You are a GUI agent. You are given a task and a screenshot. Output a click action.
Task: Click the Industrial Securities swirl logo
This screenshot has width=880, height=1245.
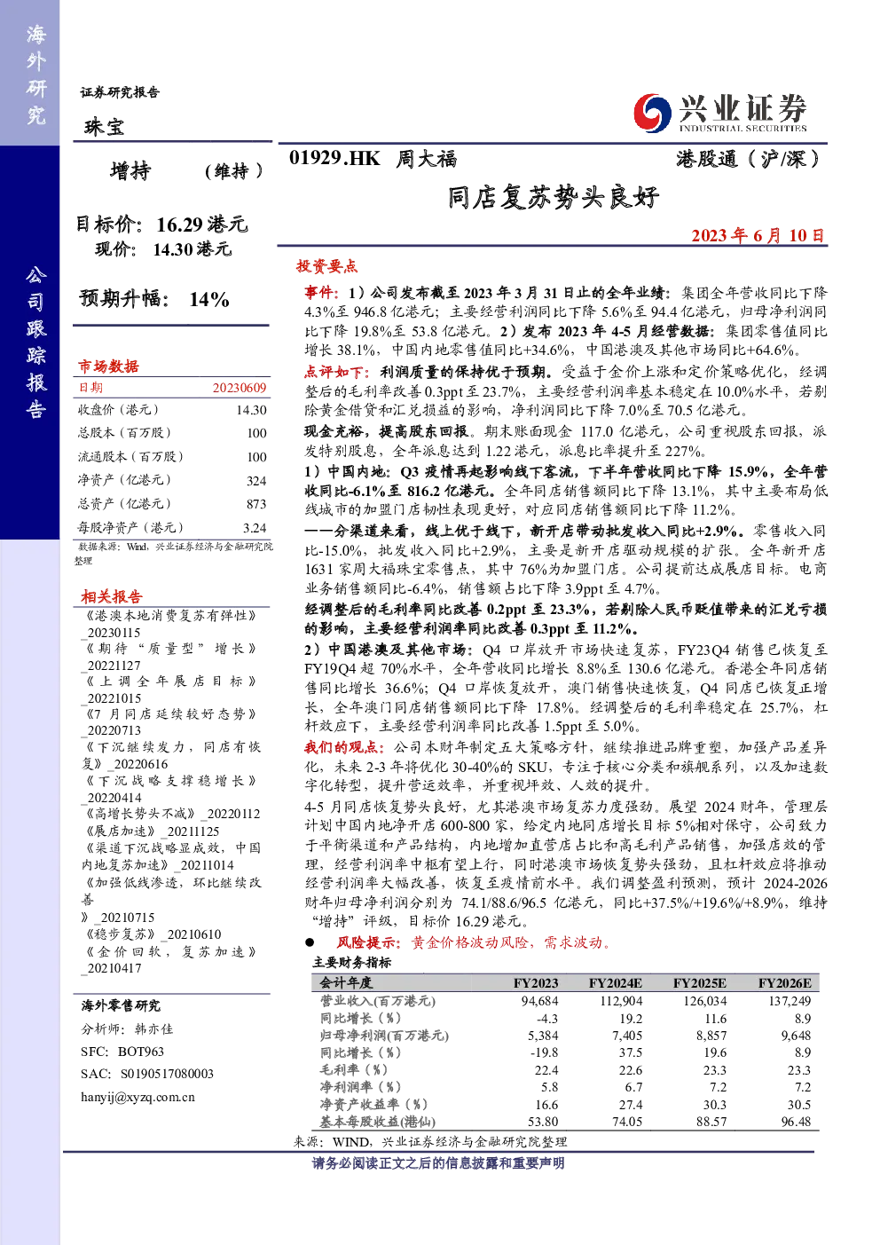[652, 114]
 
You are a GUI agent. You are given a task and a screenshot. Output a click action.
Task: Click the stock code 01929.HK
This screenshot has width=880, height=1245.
[334, 159]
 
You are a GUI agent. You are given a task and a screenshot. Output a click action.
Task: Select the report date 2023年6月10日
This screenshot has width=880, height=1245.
[758, 236]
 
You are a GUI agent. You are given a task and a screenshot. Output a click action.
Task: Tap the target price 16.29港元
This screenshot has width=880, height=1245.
[202, 225]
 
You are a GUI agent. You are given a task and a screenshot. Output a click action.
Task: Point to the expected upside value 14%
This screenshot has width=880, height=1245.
[209, 300]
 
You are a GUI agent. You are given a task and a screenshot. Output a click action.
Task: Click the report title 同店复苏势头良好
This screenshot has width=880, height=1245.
[554, 197]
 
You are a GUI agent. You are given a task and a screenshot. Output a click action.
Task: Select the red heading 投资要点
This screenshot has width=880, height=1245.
[326, 266]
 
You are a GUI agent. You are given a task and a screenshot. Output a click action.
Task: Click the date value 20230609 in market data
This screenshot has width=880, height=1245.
[240, 388]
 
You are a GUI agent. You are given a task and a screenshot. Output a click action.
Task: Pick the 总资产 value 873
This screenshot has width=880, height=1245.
[256, 504]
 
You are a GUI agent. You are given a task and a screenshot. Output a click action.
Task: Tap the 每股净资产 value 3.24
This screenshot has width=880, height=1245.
[255, 528]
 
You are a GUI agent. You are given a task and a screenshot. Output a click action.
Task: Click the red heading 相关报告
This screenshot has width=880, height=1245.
[112, 597]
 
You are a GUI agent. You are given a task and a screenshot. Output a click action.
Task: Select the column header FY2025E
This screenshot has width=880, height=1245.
[699, 983]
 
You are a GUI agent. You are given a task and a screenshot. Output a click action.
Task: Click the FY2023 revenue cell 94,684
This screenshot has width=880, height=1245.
[539, 1001]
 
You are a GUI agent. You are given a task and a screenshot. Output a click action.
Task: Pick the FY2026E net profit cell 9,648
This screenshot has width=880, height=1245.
[796, 1036]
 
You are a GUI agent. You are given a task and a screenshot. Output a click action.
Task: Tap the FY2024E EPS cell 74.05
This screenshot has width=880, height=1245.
[627, 1122]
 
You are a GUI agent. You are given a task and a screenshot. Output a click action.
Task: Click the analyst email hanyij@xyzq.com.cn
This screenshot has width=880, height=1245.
[137, 1097]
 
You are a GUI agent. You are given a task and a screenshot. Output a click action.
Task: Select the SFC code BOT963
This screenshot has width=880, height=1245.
[141, 1052]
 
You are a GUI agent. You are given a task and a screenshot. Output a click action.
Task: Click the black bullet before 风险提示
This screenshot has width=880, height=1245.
[310, 942]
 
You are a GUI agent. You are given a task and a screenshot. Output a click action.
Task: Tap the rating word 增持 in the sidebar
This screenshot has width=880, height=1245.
[130, 171]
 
